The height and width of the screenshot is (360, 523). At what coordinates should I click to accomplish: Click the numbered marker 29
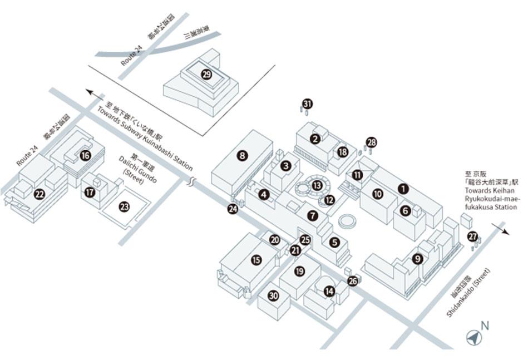[x=207, y=75]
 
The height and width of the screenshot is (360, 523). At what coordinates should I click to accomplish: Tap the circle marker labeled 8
[x=242, y=156]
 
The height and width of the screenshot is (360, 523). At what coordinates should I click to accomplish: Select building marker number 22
[x=39, y=194]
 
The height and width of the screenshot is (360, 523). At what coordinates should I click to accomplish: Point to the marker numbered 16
[x=85, y=156]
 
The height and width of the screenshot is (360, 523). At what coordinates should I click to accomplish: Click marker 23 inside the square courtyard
[x=124, y=207]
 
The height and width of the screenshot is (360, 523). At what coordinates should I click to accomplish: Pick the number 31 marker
[x=308, y=103]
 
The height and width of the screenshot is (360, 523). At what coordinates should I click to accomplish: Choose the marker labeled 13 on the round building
[x=317, y=185]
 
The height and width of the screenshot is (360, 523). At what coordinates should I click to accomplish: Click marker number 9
[x=417, y=258]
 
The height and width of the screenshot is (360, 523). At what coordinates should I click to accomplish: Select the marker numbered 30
[x=273, y=296]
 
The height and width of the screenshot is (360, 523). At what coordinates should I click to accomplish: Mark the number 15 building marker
[x=256, y=259]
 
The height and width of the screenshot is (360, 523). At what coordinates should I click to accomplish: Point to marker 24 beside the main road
[x=233, y=209]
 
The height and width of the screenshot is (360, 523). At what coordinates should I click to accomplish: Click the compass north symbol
[x=473, y=336]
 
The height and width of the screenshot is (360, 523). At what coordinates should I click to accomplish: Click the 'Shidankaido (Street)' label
[x=468, y=294]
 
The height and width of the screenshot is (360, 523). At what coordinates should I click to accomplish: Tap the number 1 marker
[x=403, y=189]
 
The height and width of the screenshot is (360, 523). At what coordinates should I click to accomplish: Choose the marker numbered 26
[x=353, y=281]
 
